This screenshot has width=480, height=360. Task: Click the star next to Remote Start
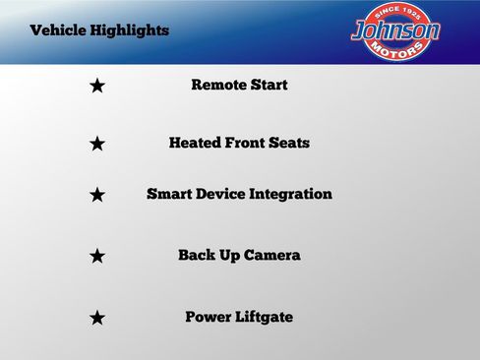(x=97, y=87)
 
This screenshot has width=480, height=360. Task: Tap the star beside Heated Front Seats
(x=97, y=145)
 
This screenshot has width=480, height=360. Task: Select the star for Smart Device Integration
(x=97, y=196)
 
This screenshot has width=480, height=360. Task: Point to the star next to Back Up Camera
(x=97, y=257)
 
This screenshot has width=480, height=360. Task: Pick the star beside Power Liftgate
(x=97, y=319)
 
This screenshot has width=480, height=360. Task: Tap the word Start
(x=269, y=86)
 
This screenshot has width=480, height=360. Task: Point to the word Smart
(x=168, y=195)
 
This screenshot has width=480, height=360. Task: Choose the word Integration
(x=291, y=195)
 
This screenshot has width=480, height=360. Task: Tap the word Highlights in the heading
(x=130, y=30)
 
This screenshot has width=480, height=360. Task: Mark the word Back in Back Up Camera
(x=196, y=256)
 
